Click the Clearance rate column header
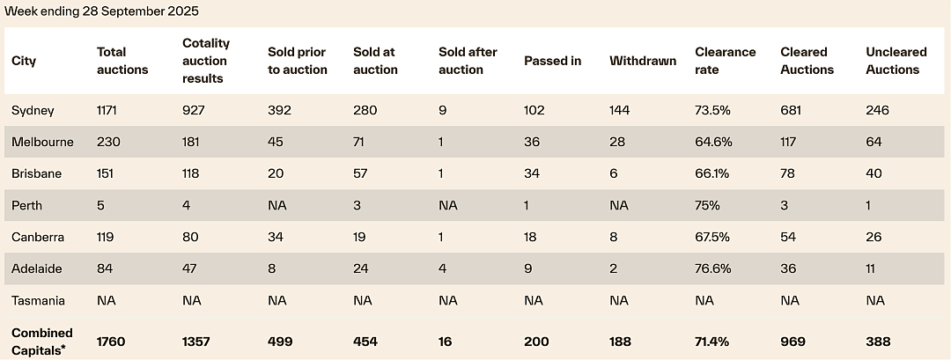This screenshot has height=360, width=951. (x=726, y=61)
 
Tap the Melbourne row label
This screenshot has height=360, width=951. (x=42, y=142)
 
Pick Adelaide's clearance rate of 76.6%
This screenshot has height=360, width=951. (x=713, y=268)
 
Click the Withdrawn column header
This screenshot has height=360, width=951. (x=643, y=61)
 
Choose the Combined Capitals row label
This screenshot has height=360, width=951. (x=42, y=342)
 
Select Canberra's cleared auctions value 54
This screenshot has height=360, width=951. (x=788, y=237)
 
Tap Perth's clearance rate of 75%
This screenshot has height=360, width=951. (x=707, y=205)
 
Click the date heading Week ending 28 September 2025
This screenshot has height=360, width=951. (x=101, y=11)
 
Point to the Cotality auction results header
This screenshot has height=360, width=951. (x=206, y=61)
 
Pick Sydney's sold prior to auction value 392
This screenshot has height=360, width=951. (x=280, y=110)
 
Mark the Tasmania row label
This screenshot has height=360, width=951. (x=38, y=301)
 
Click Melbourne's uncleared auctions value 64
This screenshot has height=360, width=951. (x=874, y=142)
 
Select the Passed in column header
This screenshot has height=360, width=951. (x=552, y=61)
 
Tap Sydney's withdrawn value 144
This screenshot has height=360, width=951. (x=620, y=110)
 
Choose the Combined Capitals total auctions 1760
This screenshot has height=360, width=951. (x=111, y=342)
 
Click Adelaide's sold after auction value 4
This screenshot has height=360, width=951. (x=443, y=268)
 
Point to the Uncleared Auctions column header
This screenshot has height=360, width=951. (x=896, y=61)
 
